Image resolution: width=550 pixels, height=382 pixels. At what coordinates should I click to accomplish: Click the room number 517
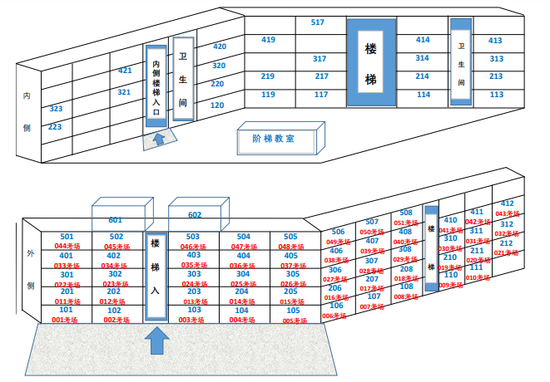coord(317,22)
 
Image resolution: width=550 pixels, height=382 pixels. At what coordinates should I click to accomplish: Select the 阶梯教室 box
coord(278,139)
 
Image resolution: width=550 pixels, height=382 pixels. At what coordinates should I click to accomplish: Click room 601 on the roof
coord(115,220)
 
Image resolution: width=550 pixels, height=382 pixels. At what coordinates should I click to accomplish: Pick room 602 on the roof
coord(195,215)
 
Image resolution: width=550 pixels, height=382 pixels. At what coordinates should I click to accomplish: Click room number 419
coord(268,40)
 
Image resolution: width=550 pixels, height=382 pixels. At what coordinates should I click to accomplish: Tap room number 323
coord(56,109)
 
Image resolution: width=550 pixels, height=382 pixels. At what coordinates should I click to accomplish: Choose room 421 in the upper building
coord(125,71)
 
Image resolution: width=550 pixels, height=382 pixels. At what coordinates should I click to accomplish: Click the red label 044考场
coord(66,247)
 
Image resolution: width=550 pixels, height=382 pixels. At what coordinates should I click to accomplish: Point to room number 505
coord(291,237)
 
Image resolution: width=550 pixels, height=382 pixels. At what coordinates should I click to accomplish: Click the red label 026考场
coord(291,284)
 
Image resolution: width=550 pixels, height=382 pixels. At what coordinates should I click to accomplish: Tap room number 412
coord(507,203)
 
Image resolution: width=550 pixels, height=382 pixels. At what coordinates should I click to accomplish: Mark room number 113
coord(496,95)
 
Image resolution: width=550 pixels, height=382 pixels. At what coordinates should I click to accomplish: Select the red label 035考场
coord(195,266)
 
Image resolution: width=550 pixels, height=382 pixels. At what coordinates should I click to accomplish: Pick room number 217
coord(321,76)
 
